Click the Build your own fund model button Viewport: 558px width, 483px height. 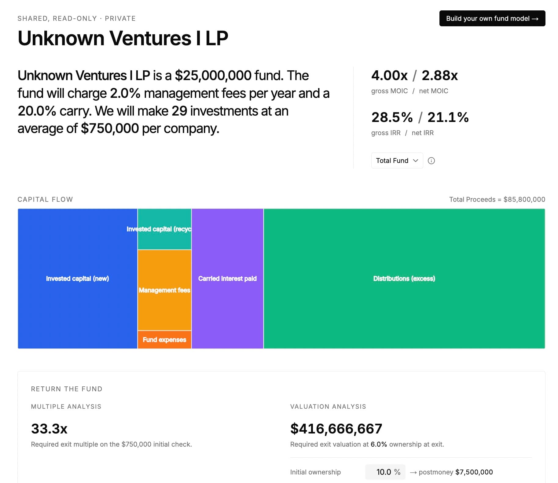point(492,18)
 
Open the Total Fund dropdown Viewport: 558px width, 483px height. point(397,160)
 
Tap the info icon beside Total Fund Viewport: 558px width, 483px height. point(431,161)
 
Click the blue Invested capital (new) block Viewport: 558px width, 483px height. point(77,278)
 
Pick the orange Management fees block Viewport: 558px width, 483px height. point(164,290)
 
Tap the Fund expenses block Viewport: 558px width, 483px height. point(164,340)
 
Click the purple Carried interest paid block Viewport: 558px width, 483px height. point(227,278)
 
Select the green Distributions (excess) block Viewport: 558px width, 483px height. point(404,278)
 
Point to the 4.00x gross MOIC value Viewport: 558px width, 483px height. point(389,76)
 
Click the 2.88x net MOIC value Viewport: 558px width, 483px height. point(440,76)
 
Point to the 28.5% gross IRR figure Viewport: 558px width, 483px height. point(392,117)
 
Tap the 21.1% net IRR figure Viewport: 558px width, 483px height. point(448,117)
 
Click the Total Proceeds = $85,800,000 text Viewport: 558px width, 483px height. point(497,199)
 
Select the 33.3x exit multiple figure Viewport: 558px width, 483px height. point(49,429)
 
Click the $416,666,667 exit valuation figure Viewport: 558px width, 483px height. point(336,429)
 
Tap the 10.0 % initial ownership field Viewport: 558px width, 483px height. point(385,472)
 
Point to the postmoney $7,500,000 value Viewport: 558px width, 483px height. point(474,472)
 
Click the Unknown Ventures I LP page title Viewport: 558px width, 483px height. point(123,38)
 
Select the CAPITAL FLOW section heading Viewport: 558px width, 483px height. point(45,199)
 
